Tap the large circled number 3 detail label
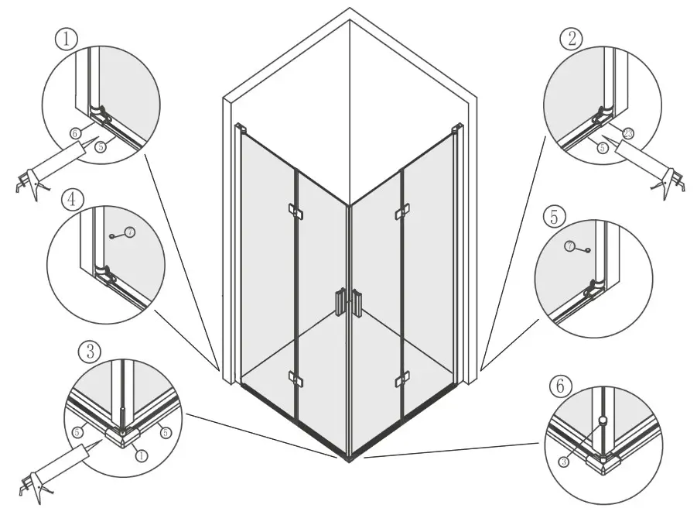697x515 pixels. pyautogui.click(x=91, y=352)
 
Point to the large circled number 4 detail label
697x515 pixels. pyautogui.click(x=71, y=200)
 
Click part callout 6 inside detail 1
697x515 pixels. pyautogui.click(x=75, y=132)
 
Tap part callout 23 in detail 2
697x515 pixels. pyautogui.click(x=628, y=133)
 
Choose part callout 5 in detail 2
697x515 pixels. pyautogui.click(x=603, y=146)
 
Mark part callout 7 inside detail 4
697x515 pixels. pyautogui.click(x=129, y=232)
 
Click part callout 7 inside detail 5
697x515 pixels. pyautogui.click(x=570, y=246)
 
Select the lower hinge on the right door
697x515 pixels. pyautogui.click(x=401, y=379)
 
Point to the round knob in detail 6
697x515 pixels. pyautogui.click(x=601, y=421)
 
